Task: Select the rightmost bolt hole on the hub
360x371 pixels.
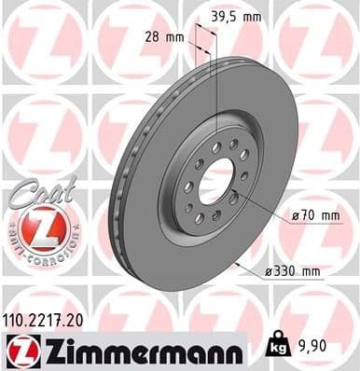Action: point(245,174)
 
